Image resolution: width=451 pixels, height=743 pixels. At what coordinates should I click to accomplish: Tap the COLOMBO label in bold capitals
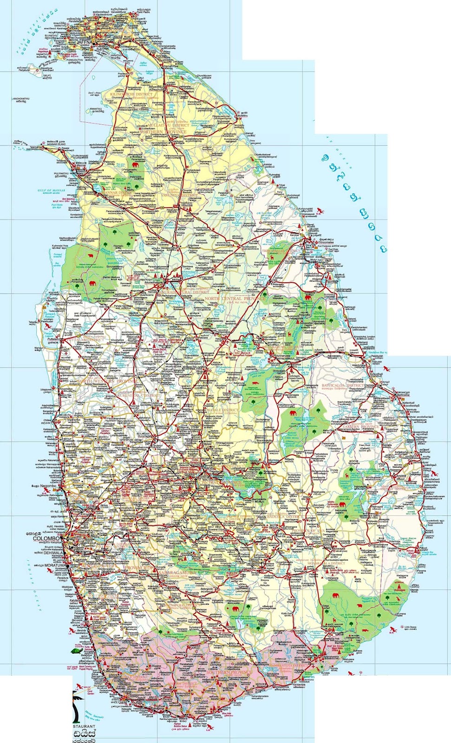[x=46, y=539]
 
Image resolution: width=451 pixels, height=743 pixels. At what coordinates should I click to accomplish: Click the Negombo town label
[x=47, y=486]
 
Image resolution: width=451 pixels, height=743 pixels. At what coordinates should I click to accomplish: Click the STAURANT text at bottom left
[x=84, y=726]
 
